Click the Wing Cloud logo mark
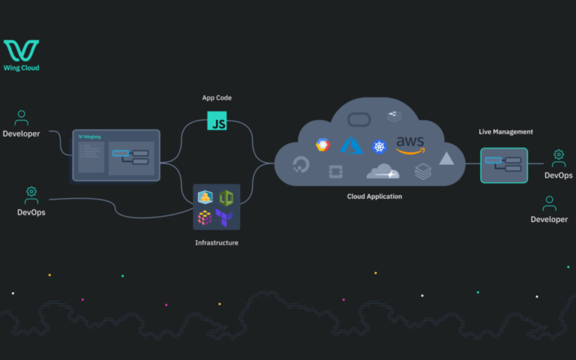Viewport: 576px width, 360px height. coord(21,50)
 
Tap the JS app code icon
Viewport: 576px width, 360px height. coord(217,121)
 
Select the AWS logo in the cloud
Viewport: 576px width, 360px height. coord(410,144)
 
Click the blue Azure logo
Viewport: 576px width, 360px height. coord(351,145)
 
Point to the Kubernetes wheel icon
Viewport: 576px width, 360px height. coord(379,146)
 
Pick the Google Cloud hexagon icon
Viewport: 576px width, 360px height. coord(322,145)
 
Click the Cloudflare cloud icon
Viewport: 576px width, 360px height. coord(382,172)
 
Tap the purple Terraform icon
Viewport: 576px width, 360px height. coord(224,217)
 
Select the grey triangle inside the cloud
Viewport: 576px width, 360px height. coord(446,158)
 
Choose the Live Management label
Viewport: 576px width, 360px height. coord(505,132)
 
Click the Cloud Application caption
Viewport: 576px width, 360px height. coord(374,196)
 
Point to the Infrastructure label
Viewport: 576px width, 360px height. coord(217,242)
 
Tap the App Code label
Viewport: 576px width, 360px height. coord(216,97)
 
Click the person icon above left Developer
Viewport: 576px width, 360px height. coord(21,118)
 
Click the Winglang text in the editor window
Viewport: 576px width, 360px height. coord(91,136)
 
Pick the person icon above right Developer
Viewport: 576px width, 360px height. coord(549,203)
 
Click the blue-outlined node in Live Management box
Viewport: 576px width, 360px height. coord(493,160)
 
